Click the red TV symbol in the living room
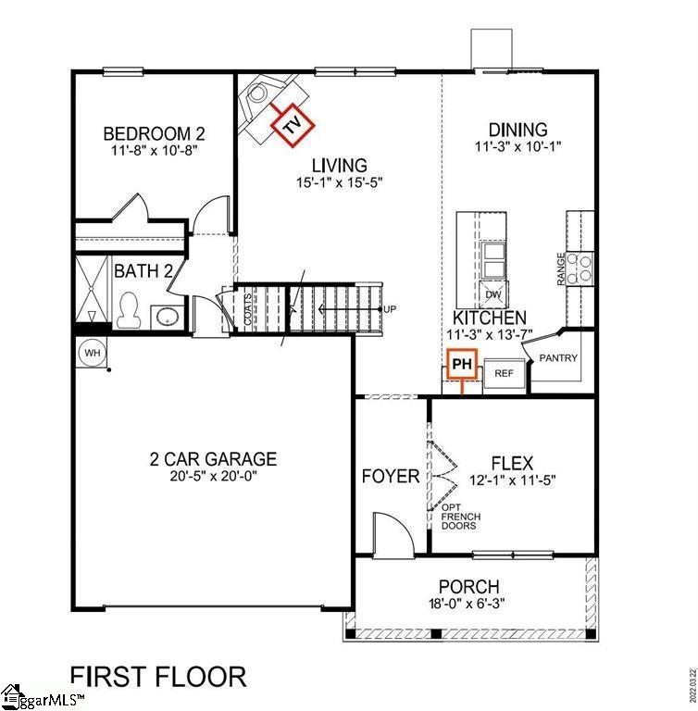pos(293,125)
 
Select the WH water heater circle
pos(93,352)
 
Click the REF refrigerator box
pos(504,373)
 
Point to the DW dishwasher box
pos(493,295)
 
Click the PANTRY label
pos(558,358)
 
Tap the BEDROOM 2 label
pos(153,131)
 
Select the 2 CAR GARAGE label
pos(213,458)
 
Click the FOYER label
pos(390,477)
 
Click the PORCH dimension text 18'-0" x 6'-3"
pos(469,604)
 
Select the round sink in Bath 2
pos(168,318)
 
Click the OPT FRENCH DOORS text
pos(458,517)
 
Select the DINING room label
pos(517,131)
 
